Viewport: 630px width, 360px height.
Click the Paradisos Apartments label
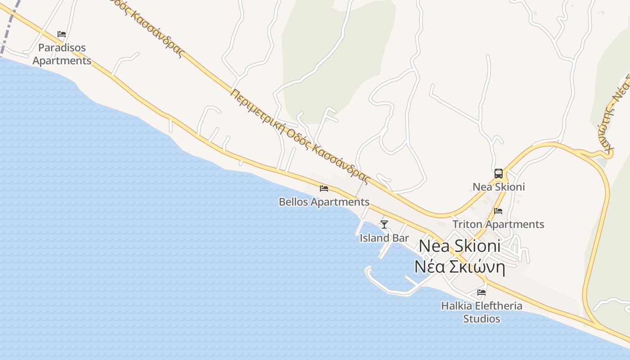point(62,54)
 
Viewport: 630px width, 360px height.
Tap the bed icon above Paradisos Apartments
point(62,34)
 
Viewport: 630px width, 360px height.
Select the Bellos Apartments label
point(324,202)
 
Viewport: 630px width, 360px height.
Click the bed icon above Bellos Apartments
point(324,189)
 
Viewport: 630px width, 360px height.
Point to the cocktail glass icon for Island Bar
point(384,224)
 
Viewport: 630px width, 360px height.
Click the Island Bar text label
point(384,238)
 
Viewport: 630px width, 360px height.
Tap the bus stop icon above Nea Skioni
point(498,174)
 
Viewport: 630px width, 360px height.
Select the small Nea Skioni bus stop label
point(499,187)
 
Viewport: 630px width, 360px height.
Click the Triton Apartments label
point(498,224)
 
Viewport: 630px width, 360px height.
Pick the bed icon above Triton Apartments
point(498,211)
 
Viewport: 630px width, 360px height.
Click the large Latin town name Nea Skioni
point(459,246)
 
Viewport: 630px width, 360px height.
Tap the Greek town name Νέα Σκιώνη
point(459,267)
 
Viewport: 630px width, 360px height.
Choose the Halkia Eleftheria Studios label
point(481,312)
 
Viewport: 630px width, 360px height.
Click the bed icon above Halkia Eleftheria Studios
point(481,292)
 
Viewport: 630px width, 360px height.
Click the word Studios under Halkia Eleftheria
point(481,319)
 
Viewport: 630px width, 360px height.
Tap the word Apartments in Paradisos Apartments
point(62,61)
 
